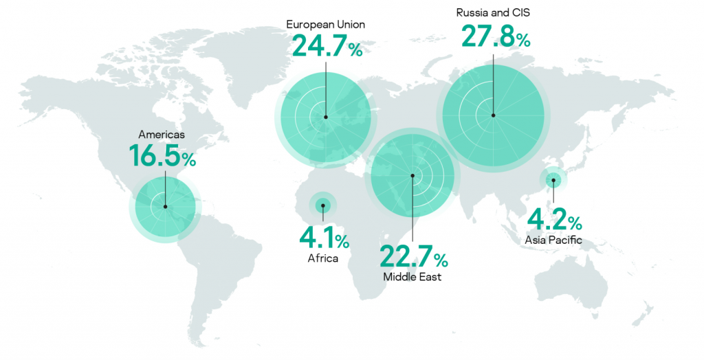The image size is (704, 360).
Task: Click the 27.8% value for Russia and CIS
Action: pyautogui.click(x=495, y=36)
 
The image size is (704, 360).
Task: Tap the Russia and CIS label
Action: pyautogui.click(x=493, y=12)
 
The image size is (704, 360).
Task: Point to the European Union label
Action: pyautogui.click(x=325, y=25)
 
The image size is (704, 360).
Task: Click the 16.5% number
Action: pyautogui.click(x=162, y=156)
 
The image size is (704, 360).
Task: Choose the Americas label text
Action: pyautogui.click(x=162, y=135)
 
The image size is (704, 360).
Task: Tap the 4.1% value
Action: pyautogui.click(x=323, y=238)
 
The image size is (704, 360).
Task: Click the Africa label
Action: pyautogui.click(x=322, y=259)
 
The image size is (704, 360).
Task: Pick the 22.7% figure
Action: pyautogui.click(x=413, y=257)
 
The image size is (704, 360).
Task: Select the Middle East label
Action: pyautogui.click(x=412, y=278)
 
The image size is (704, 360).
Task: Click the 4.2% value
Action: pyautogui.click(x=554, y=221)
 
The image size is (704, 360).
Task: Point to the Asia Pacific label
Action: pyautogui.click(x=553, y=240)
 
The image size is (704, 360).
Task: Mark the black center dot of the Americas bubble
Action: pyautogui.click(x=165, y=206)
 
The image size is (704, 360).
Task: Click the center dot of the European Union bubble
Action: pyautogui.click(x=325, y=117)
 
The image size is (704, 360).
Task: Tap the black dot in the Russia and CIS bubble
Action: pyautogui.click(x=493, y=115)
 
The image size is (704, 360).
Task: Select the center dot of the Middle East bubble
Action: pyautogui.click(x=412, y=176)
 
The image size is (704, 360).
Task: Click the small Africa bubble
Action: pyautogui.click(x=322, y=205)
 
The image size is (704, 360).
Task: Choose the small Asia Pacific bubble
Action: pyautogui.click(x=553, y=181)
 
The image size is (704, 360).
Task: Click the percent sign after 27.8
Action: pyautogui.click(x=523, y=41)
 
